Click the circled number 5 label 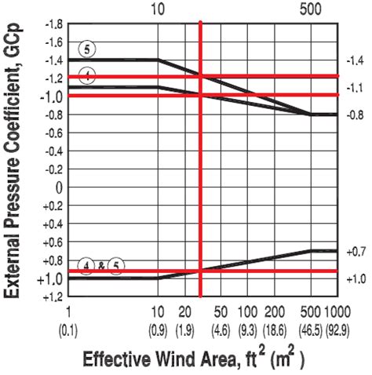89,48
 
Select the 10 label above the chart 158,9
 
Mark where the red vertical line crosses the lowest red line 202,271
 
